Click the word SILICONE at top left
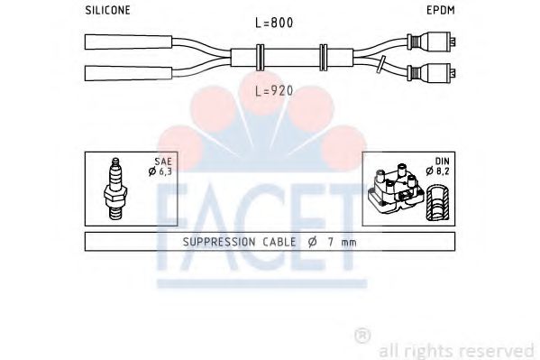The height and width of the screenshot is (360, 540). coord(107,10)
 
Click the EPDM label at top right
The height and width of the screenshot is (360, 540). coord(440,10)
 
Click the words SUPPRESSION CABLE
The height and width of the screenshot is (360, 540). coord(239,242)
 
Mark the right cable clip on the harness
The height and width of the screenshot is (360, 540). coord(323,56)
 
